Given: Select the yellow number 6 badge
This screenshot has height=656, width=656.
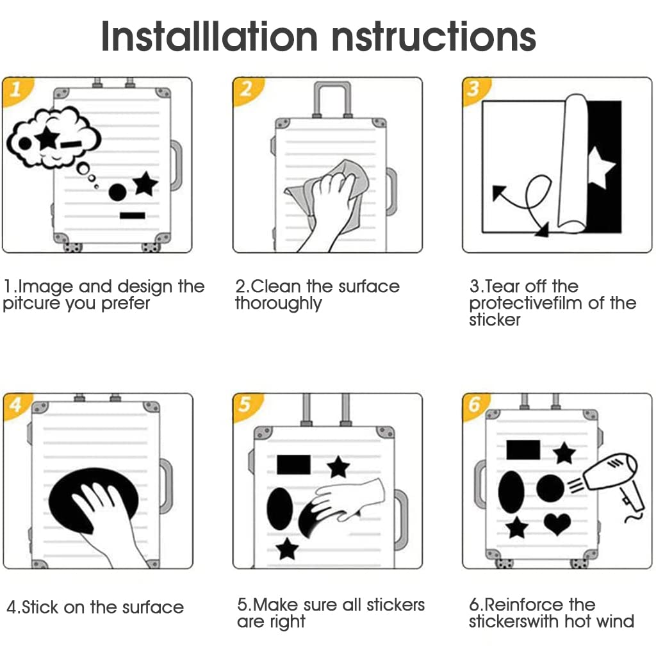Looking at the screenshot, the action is coord(475,406).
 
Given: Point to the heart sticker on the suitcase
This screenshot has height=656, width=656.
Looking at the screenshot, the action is coord(557,523).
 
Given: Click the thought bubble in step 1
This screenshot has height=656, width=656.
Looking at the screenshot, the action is coord(54,138).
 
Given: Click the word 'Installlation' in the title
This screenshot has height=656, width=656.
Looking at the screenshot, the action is coord(209,37).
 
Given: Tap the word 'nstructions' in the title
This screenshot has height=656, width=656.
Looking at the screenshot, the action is coord(434,37).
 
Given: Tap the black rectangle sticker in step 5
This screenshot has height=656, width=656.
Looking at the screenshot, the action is coord(293,465).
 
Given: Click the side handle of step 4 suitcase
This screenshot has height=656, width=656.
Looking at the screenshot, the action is coord(166,486).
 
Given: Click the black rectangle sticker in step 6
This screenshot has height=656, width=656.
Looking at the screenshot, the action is coord(523,450).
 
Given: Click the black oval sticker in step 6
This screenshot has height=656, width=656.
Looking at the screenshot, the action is coord(511,492).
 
